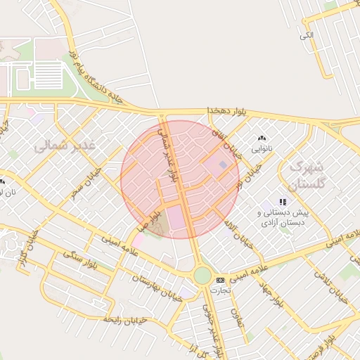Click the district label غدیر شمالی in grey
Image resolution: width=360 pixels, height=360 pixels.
(x=69, y=146)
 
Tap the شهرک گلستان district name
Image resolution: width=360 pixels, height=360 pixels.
(x=305, y=176)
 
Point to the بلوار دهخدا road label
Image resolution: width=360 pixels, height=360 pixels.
(x=229, y=112)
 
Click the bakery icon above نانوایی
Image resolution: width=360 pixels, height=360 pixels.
(x=262, y=139)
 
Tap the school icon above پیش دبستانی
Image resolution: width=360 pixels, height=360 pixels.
(x=283, y=202)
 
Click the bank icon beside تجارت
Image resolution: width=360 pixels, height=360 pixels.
(x=221, y=280)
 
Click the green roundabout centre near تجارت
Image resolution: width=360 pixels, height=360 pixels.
(x=202, y=275)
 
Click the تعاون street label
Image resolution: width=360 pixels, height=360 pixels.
(x=242, y=319)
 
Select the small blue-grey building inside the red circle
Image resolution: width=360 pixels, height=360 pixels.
(x=224, y=165)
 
